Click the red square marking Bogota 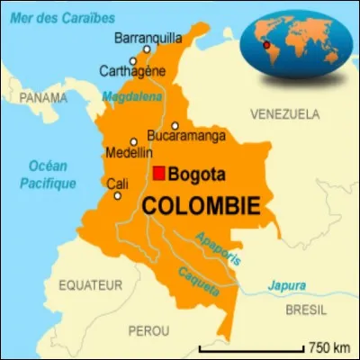click(x=158, y=174)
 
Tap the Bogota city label click(x=197, y=175)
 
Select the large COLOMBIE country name click(x=201, y=205)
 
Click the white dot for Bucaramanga click(x=175, y=126)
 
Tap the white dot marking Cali click(x=116, y=195)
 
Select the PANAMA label click(x=45, y=96)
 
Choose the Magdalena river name click(x=131, y=96)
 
